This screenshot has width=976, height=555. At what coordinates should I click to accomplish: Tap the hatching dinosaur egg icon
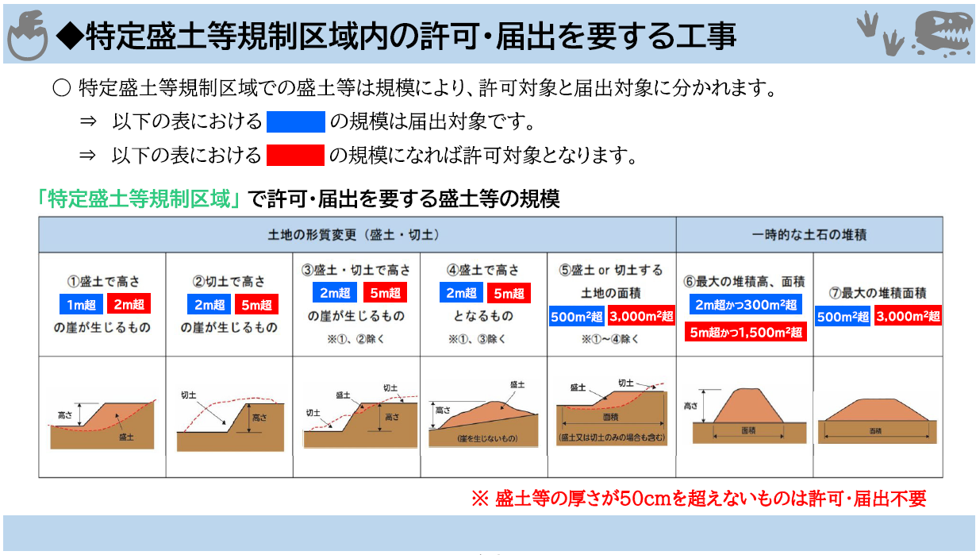28,36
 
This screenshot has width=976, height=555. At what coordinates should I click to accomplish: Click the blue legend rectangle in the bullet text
295,121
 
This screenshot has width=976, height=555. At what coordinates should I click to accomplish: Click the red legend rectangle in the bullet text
295,155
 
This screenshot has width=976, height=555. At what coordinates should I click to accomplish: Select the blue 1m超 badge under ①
81,304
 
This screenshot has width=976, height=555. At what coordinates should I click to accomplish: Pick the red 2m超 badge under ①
129,303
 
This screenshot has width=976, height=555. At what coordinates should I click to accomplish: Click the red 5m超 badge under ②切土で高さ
256,304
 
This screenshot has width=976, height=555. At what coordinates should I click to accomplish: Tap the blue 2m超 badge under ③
335,292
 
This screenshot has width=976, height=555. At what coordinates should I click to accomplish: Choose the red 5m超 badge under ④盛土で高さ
509,293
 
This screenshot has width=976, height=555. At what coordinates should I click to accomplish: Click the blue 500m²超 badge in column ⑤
576,316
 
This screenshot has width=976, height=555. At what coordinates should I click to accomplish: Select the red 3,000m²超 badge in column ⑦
908,316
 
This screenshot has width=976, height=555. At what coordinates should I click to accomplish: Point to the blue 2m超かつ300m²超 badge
746,304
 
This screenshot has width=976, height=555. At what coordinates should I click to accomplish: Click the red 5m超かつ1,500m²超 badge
746,332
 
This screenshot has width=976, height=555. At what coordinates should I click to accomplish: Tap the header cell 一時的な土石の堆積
809,235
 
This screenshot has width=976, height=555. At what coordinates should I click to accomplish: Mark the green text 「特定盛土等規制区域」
138,198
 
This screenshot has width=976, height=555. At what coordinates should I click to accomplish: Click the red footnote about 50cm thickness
699,499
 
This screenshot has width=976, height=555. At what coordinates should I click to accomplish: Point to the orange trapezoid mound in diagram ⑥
747,406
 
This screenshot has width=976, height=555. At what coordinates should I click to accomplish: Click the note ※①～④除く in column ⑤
610,339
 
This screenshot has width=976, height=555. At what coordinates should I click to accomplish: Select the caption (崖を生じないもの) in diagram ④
487,438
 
